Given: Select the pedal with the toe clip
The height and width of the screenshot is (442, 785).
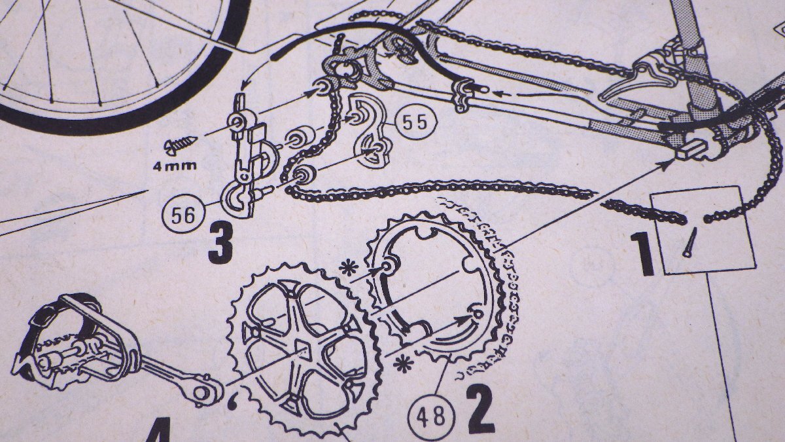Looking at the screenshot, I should coord(72,346).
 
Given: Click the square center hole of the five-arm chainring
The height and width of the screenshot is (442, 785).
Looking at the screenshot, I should coord(303,347).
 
